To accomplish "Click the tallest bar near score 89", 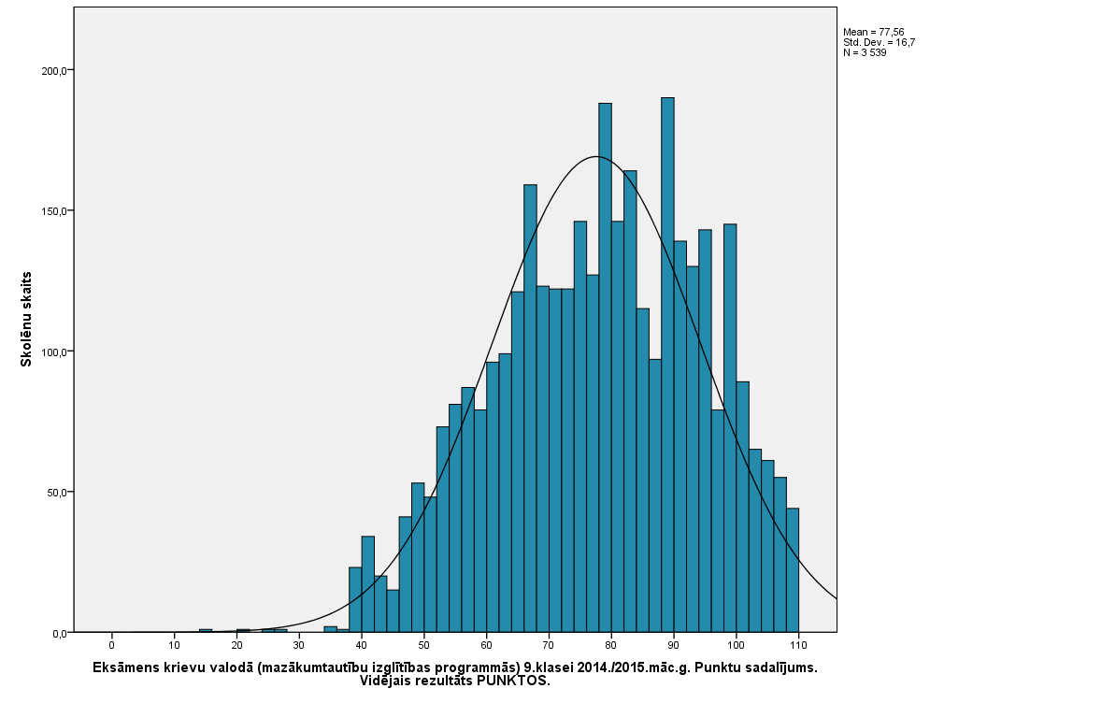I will pyautogui.click(x=667, y=365).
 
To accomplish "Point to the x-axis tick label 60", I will pyautogui.click(x=486, y=645).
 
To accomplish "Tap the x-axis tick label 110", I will pyautogui.click(x=798, y=645).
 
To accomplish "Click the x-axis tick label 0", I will pyautogui.click(x=111, y=645).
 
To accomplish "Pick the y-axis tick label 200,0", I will pyautogui.click(x=52, y=71).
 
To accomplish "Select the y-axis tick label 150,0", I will pyautogui.click(x=52, y=211).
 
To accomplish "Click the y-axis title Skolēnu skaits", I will pyautogui.click(x=27, y=319).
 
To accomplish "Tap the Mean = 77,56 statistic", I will pyautogui.click(x=873, y=32).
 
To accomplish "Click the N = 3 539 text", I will pyautogui.click(x=865, y=52).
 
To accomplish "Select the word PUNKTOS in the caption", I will pyautogui.click(x=513, y=681).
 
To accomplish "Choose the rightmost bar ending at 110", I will pyautogui.click(x=793, y=570).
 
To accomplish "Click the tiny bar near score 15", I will pyautogui.click(x=206, y=631).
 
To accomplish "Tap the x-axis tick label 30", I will pyautogui.click(x=299, y=645).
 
